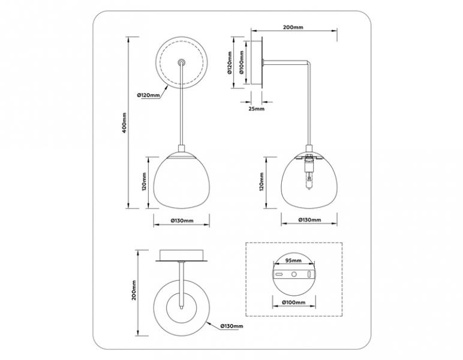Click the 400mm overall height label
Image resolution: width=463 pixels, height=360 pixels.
(125, 122)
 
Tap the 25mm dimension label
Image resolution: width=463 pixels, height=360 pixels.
(256, 109)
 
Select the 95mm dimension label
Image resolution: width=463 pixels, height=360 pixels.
(293, 260)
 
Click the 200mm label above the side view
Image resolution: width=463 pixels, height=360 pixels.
(293, 28)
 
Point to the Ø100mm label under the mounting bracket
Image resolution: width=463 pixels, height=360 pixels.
(293, 302)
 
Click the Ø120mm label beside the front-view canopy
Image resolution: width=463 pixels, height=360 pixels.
(149, 95)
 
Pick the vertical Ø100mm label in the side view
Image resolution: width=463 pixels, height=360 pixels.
(241, 62)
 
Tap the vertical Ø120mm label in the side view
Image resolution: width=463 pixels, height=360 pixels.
(230, 62)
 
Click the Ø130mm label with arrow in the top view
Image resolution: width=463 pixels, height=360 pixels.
(231, 326)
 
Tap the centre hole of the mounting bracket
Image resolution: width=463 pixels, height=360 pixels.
(294, 274)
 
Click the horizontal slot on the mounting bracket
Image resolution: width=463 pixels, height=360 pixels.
(279, 274)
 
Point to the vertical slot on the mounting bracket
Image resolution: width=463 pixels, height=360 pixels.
(309, 274)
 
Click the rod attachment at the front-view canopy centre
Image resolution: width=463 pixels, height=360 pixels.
(181, 62)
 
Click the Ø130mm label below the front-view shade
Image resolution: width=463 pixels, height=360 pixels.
(182, 221)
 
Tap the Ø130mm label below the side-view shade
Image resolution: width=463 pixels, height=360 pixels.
(309, 220)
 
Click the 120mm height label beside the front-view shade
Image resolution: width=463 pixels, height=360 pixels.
(145, 182)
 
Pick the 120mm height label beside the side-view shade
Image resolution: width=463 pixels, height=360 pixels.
(261, 182)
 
